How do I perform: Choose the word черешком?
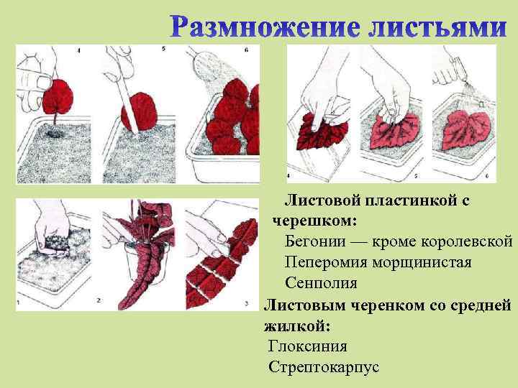pos(309,218)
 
